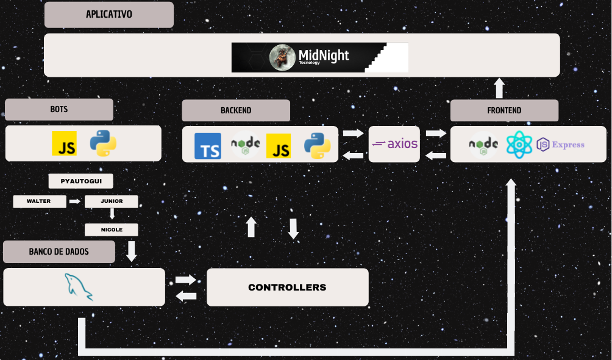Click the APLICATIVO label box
click(109, 15)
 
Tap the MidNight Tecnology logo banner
click(319, 57)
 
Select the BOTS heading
click(59, 110)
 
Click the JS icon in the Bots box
click(65, 144)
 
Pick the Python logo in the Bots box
click(103, 144)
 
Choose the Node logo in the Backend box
click(245, 145)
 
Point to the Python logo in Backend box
click(317, 146)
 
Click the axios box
click(394, 144)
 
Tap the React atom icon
click(519, 145)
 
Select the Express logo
click(560, 145)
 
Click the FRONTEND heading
click(504, 111)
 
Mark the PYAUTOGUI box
click(80, 182)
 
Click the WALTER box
click(39, 201)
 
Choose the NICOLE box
click(112, 230)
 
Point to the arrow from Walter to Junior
click(75, 201)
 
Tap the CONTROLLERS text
click(287, 288)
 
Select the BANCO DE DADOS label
click(59, 252)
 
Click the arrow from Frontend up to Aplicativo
click(499, 88)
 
